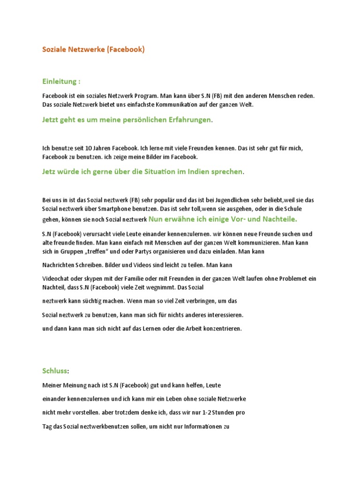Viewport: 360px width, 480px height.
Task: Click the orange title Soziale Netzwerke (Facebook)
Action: [x=93, y=49]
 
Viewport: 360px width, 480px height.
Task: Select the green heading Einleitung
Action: [x=59, y=81]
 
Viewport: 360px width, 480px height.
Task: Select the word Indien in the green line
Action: [x=204, y=172]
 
